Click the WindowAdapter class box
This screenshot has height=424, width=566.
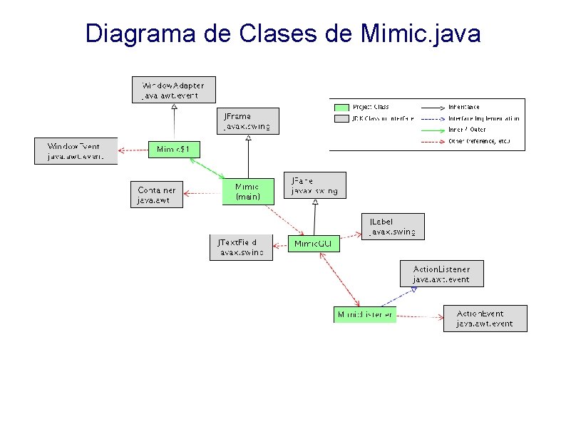[x=173, y=90]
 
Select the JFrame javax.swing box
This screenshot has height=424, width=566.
[x=248, y=121]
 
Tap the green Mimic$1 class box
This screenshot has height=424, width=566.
[x=173, y=149]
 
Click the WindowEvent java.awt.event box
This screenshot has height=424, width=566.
[x=75, y=150]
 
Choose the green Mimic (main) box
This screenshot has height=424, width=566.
[x=247, y=191]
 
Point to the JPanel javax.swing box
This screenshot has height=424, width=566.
[x=314, y=185]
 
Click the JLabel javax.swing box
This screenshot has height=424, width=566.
[x=392, y=226]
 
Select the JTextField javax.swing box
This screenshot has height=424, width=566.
[x=241, y=247]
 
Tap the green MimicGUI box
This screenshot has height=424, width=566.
[x=314, y=244]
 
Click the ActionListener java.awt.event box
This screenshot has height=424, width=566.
[x=441, y=274]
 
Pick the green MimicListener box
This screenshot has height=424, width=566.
[x=364, y=314]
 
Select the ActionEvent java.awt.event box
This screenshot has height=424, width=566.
[x=485, y=318]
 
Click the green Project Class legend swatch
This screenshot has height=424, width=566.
[x=340, y=107]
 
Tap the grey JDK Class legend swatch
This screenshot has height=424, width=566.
[x=340, y=118]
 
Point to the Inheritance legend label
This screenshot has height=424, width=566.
[x=463, y=107]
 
